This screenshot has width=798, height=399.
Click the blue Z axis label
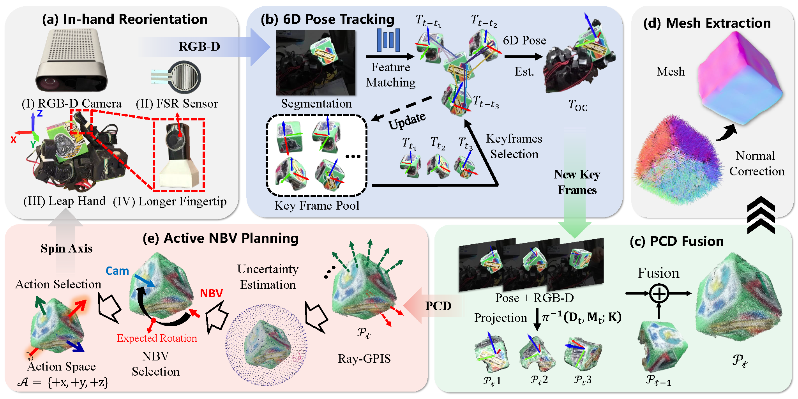pos(40,114)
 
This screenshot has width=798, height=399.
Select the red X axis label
pos(14,139)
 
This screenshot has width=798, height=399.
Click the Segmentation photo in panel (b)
pos(315,63)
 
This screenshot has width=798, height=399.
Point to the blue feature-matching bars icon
pos(388,40)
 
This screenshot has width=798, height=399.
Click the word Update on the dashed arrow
pos(407,121)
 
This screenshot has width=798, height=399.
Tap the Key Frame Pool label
pos(317,205)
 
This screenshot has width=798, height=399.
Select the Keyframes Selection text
pos(514,146)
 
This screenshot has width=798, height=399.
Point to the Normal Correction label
pos(756,163)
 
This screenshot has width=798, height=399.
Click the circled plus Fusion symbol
pos(659,293)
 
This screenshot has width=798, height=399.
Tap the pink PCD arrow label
pos(438,306)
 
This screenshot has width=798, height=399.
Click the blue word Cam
pos(117,271)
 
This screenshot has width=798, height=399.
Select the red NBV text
pos(211,293)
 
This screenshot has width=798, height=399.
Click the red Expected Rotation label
pos(157,338)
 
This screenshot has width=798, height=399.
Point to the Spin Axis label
pos(67,249)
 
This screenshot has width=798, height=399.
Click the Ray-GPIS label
pos(364,358)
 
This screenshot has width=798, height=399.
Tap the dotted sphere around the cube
pos(267,345)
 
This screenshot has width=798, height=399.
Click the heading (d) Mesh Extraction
pos(707,23)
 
